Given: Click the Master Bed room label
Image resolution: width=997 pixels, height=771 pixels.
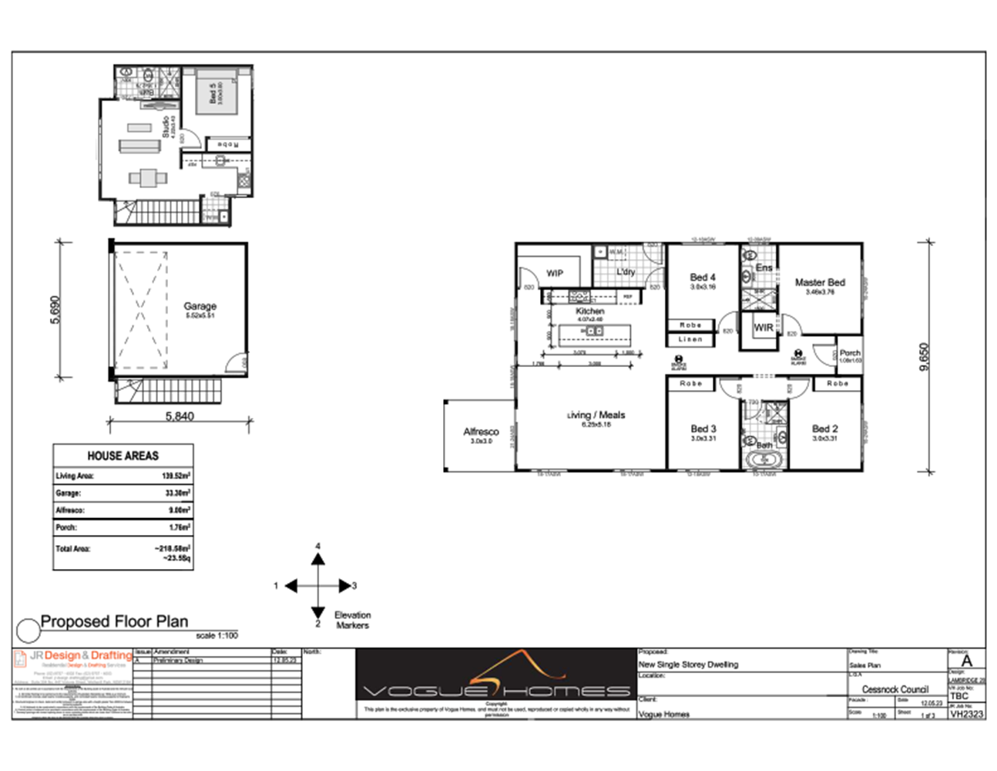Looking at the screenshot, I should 820,283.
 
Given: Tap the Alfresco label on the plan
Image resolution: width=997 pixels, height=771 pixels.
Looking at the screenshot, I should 481,432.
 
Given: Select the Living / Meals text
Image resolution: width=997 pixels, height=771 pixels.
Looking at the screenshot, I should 596,415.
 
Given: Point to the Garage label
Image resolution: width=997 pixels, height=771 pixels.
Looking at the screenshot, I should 200,306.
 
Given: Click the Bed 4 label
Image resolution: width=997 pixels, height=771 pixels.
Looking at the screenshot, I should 702,277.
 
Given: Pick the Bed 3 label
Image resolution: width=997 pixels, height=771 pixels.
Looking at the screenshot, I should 703,429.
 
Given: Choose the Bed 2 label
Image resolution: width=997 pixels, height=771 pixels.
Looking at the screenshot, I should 824,429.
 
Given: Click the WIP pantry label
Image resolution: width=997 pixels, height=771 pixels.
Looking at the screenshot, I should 555,273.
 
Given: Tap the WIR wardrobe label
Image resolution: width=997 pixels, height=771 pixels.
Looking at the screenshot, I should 763,328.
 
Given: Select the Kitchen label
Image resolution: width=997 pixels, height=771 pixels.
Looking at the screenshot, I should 589,311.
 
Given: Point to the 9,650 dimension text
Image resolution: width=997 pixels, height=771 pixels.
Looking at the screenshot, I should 925,357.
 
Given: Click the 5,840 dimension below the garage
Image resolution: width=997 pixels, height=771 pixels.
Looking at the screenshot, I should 180,416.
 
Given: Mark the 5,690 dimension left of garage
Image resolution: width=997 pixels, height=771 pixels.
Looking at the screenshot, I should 55,310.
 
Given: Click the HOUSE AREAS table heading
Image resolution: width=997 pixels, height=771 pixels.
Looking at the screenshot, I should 123,456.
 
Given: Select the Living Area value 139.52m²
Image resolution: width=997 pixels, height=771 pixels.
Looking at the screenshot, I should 176,476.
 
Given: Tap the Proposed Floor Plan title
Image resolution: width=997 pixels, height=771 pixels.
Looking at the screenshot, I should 114,621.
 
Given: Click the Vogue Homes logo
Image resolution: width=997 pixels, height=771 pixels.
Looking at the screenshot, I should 496,679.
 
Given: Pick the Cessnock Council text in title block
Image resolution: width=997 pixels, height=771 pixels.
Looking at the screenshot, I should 895,689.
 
